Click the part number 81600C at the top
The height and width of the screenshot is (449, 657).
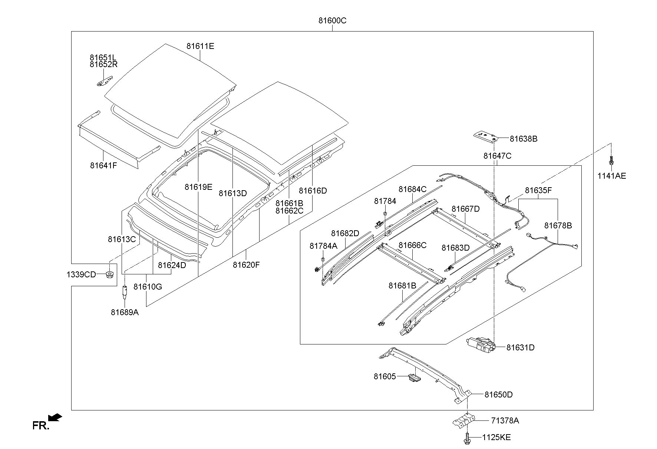[332, 21]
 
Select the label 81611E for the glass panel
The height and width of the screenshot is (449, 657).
[200, 46]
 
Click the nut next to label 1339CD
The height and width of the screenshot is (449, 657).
[109, 275]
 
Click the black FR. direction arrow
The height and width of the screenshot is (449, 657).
[55, 417]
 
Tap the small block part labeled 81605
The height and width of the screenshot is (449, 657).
[414, 378]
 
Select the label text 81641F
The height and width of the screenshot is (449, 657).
[103, 165]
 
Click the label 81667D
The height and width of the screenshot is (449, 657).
[466, 209]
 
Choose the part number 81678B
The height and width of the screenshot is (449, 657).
[558, 225]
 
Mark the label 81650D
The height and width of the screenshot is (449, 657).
[499, 394]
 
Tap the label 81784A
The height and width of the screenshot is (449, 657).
[324, 246]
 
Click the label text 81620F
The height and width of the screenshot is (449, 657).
[247, 265]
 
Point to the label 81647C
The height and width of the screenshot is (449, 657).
[497, 156]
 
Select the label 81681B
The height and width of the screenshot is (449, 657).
[402, 285]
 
